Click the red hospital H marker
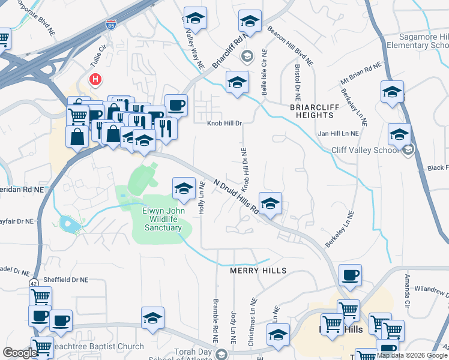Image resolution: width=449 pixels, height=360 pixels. (x=95, y=79)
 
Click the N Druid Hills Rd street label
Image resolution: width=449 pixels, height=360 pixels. (x=235, y=197)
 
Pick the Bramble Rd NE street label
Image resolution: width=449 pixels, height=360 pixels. (x=214, y=318)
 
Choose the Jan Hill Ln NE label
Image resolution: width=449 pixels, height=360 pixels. (x=338, y=133)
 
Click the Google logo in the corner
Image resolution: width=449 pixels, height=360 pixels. (x=20, y=353)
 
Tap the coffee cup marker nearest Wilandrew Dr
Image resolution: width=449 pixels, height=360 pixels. (x=350, y=275)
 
